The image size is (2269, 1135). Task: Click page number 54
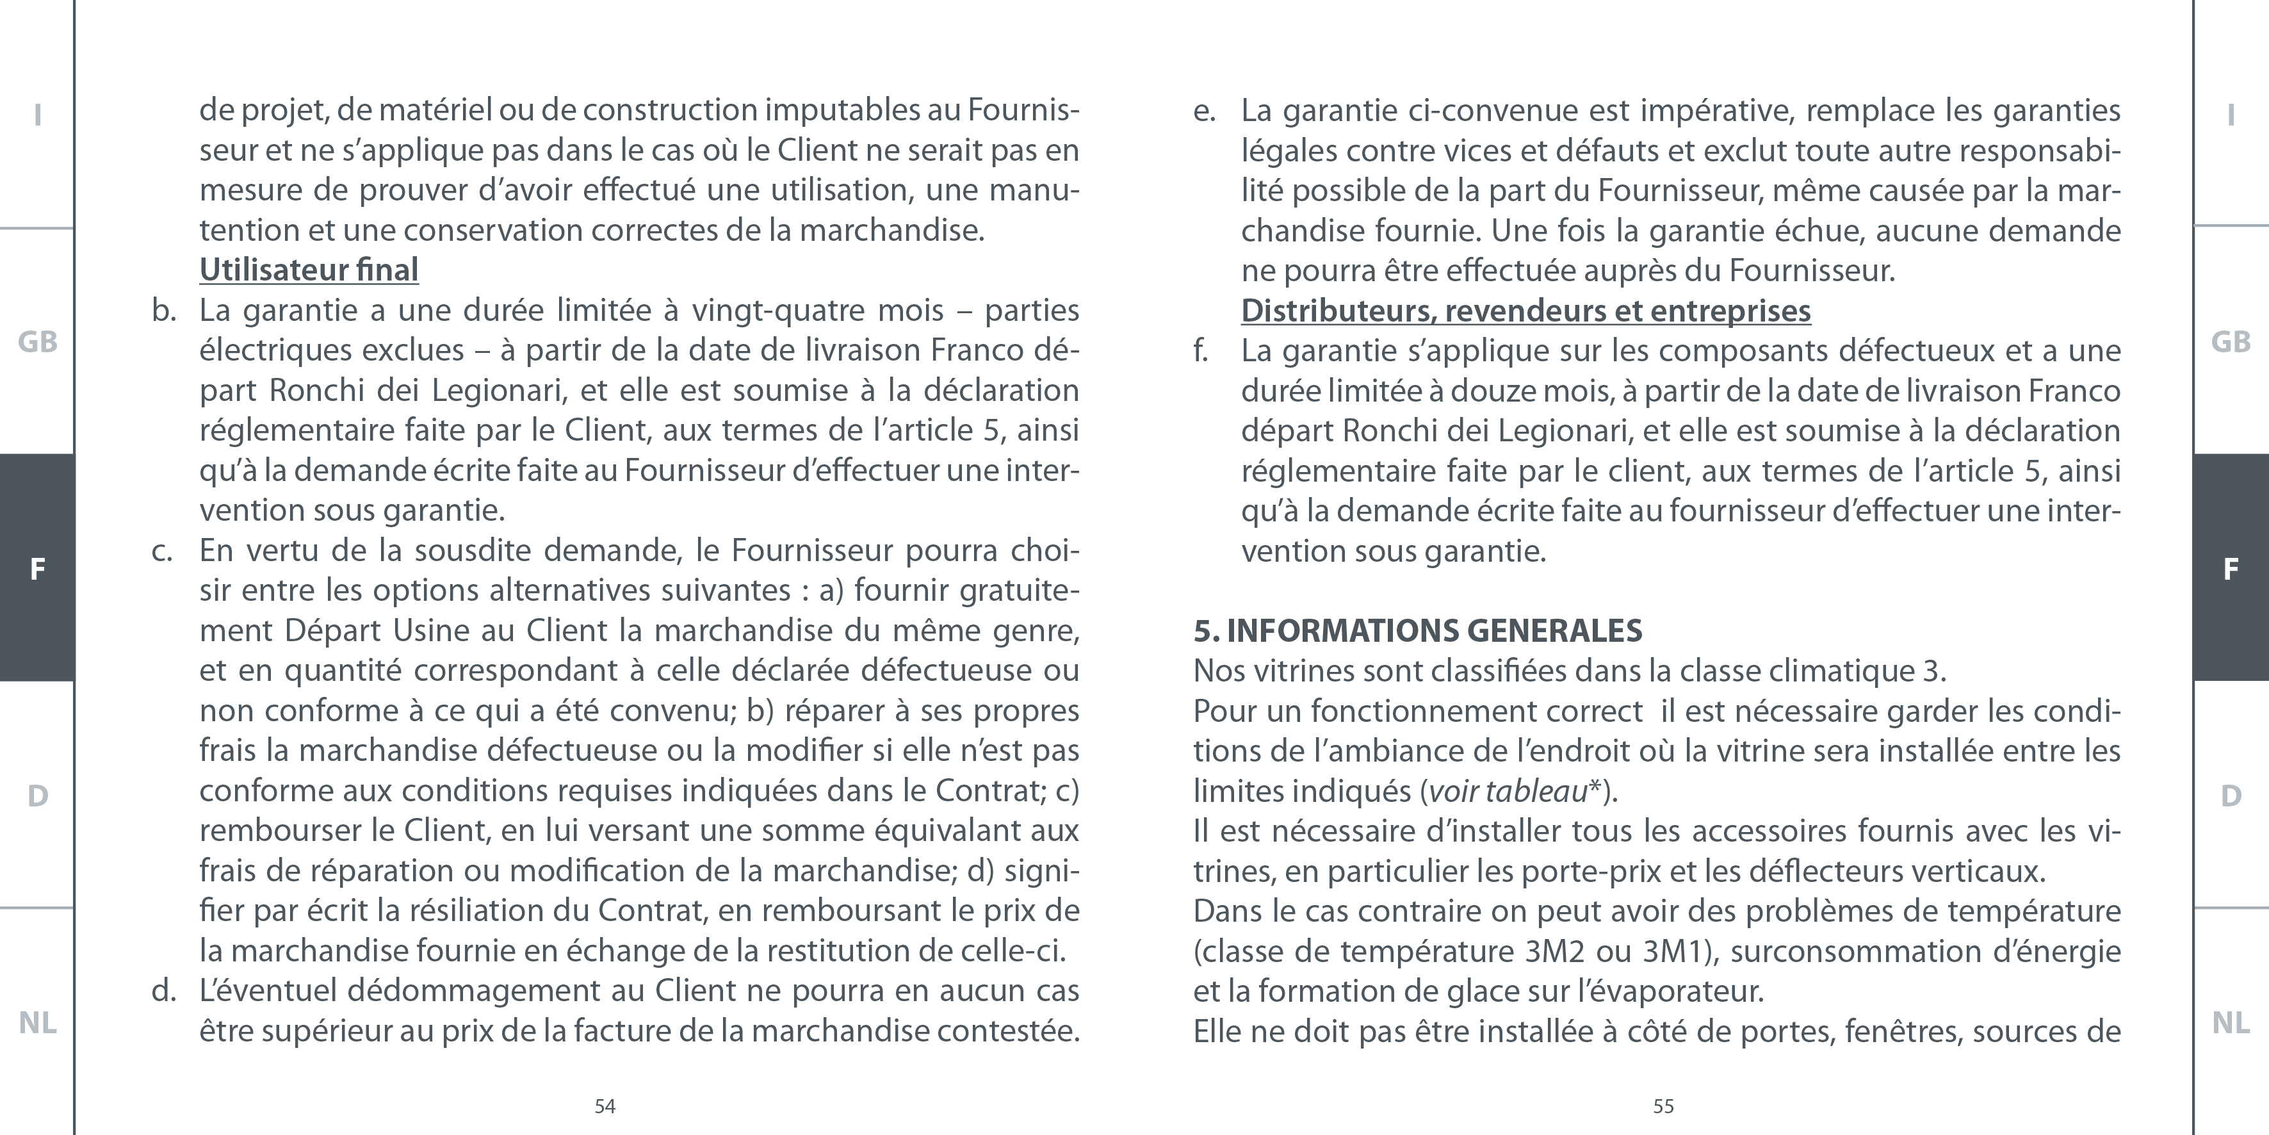[x=605, y=1106]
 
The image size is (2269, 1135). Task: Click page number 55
[x=1663, y=1106]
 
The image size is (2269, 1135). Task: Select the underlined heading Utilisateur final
[x=308, y=270]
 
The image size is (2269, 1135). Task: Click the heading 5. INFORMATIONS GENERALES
[x=1417, y=631]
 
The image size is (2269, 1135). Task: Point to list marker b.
[x=164, y=310]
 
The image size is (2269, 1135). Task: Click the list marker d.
[x=164, y=990]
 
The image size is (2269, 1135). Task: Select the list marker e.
[x=1204, y=111]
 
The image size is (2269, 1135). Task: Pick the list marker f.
[x=1201, y=351]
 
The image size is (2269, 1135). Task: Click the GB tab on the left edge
[x=37, y=342]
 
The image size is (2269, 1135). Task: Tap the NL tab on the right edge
[x=2230, y=1022]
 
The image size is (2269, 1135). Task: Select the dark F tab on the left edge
[x=37, y=568]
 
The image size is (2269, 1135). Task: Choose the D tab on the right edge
[x=2230, y=796]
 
